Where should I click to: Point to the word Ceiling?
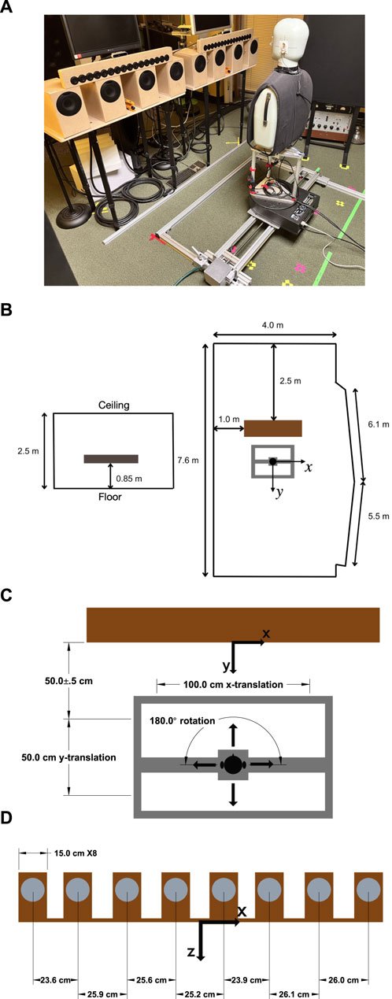click(114, 405)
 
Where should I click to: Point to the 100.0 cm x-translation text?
click(233, 684)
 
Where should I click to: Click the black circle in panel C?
click(233, 764)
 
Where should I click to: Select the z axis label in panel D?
click(190, 950)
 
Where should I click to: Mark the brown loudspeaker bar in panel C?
click(233, 624)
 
